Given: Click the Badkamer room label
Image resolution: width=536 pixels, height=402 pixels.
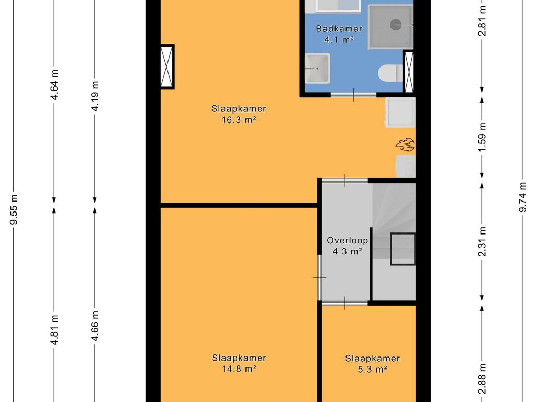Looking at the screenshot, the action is (x=339, y=29).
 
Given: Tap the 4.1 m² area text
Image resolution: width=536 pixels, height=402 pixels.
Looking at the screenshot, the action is (x=339, y=40).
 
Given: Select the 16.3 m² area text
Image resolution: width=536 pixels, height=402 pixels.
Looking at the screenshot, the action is (x=239, y=120).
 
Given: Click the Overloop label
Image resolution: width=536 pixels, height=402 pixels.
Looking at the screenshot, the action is (x=348, y=241).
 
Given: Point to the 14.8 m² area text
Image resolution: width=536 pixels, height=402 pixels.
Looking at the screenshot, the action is (x=239, y=369).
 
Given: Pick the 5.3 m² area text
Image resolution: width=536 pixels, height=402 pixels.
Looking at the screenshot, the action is (x=372, y=370).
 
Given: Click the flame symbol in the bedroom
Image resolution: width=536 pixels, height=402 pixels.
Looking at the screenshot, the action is (x=405, y=144).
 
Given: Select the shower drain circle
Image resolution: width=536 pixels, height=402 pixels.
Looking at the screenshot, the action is (x=396, y=24).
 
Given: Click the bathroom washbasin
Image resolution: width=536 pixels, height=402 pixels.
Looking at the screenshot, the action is (x=317, y=68).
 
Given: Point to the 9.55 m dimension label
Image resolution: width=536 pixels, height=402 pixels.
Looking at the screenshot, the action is (x=14, y=209).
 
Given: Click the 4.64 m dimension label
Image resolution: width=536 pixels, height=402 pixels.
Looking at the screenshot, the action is (x=54, y=84).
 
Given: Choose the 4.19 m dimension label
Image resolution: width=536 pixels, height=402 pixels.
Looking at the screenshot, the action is (x=95, y=96).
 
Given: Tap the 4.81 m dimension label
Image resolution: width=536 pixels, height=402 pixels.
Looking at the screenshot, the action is (x=54, y=330).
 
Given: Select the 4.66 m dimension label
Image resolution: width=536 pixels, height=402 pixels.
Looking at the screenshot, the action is (x=95, y=326).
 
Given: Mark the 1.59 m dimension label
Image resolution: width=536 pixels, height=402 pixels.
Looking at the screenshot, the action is (x=482, y=138).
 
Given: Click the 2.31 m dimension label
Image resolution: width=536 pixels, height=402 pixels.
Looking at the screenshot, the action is (x=482, y=242).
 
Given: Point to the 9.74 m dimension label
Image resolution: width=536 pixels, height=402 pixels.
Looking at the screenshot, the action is (x=523, y=197).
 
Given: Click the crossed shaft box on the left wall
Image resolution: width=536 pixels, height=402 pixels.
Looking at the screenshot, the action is (x=167, y=66).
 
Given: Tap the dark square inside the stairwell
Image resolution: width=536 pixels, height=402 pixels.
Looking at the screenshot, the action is (x=403, y=249).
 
